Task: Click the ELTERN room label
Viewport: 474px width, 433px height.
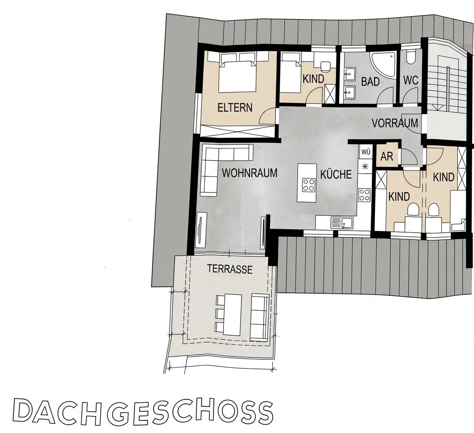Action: click(x=235, y=108)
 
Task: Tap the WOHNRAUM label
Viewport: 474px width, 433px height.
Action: click(x=250, y=173)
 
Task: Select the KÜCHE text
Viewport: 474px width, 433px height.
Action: click(x=336, y=175)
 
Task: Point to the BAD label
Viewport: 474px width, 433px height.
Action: click(x=370, y=82)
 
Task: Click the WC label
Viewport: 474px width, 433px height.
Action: click(x=411, y=80)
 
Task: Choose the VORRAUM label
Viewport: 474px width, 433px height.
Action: click(x=395, y=124)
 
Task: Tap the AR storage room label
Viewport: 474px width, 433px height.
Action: click(x=387, y=157)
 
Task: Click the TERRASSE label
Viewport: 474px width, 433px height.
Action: click(x=230, y=269)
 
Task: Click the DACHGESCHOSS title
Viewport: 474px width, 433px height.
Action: click(x=143, y=412)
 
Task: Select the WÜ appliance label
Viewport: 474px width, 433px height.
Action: click(x=366, y=151)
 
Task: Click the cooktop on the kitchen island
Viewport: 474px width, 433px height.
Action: click(x=309, y=185)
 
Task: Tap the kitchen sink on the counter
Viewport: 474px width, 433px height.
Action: click(x=342, y=223)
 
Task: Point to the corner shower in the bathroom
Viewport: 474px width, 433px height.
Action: click(x=383, y=65)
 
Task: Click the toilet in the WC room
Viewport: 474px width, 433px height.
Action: click(x=410, y=57)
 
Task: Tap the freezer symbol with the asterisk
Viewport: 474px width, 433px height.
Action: click(x=365, y=166)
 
